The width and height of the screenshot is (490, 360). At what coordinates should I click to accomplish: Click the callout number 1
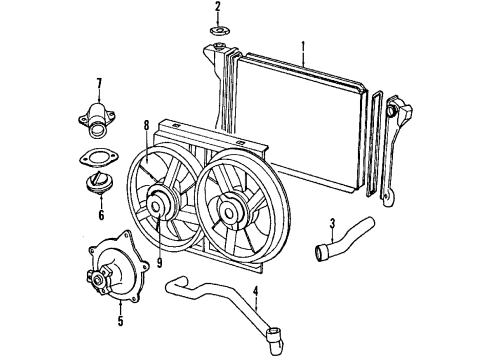303,44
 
